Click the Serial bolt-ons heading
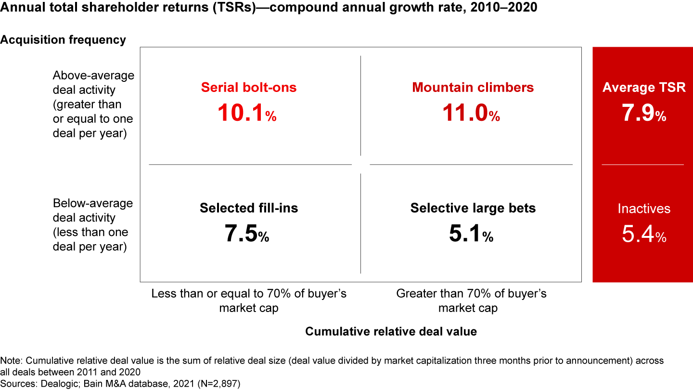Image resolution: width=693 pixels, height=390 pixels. click(248, 87)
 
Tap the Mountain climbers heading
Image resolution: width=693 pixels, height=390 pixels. click(473, 87)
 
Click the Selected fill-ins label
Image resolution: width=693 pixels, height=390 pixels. click(249, 208)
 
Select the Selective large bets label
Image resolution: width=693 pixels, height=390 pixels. click(473, 208)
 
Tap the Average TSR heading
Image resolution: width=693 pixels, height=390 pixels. click(644, 88)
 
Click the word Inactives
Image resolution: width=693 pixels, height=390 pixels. click(644, 208)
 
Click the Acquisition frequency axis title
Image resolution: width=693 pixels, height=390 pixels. click(63, 40)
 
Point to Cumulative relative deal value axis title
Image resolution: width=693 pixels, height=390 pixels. click(391, 331)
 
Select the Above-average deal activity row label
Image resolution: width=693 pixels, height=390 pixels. click(93, 104)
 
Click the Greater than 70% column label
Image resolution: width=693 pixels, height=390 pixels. click(471, 300)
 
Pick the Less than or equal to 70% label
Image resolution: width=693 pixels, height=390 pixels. click(249, 300)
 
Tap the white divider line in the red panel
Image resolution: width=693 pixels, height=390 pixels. click(642, 165)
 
